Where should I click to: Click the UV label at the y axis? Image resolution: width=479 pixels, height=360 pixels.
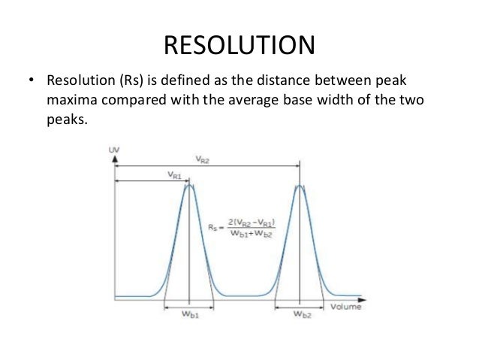[115, 150]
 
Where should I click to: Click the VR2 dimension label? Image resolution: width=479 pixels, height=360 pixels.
[203, 160]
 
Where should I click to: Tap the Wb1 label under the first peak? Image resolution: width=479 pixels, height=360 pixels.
[191, 316]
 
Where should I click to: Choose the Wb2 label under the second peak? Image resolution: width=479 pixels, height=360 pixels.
[300, 316]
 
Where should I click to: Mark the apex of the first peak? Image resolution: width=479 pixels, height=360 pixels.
[190, 186]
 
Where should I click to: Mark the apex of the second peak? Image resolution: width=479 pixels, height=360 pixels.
[300, 186]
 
